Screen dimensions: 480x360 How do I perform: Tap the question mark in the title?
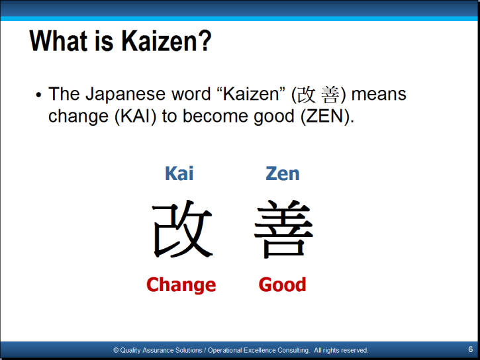204,40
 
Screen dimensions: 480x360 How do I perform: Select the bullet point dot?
38,95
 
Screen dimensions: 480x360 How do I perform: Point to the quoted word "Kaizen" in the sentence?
251,94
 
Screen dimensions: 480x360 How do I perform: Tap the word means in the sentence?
379,94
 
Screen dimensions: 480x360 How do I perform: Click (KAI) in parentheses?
135,116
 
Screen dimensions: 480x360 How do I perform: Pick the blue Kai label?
179,173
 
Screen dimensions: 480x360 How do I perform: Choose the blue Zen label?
282,173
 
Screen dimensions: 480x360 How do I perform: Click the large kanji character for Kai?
183,229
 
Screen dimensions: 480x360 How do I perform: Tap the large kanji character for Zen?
284,229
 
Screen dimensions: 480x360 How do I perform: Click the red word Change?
181,285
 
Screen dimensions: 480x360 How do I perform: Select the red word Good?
282,285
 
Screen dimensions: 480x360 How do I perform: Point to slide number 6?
471,349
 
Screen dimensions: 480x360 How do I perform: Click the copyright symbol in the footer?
116,350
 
